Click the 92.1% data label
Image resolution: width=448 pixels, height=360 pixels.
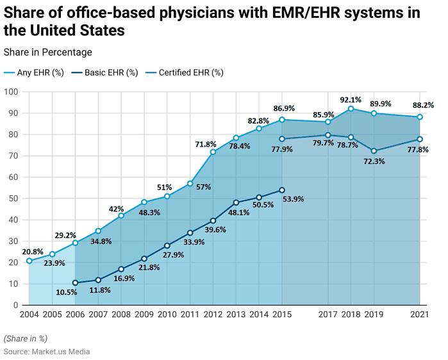[350, 100]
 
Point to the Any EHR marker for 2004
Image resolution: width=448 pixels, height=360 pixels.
[29, 261]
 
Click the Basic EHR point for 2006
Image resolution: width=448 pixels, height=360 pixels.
[76, 282]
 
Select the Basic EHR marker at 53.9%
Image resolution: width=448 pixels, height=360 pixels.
[282, 190]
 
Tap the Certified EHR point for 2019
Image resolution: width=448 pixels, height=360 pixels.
[374, 151]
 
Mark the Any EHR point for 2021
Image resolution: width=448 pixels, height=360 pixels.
[420, 117]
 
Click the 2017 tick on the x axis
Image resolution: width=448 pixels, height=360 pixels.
[328, 315]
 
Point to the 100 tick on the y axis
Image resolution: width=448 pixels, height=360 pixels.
[11, 92]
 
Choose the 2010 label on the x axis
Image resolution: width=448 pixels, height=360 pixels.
[167, 315]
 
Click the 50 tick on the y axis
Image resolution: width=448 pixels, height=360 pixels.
[13, 199]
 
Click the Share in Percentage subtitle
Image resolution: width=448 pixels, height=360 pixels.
[47, 52]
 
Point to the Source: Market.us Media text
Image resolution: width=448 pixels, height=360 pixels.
[47, 352]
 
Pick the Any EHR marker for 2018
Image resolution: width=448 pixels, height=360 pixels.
[351, 109]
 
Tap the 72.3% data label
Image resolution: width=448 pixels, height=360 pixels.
[374, 162]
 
